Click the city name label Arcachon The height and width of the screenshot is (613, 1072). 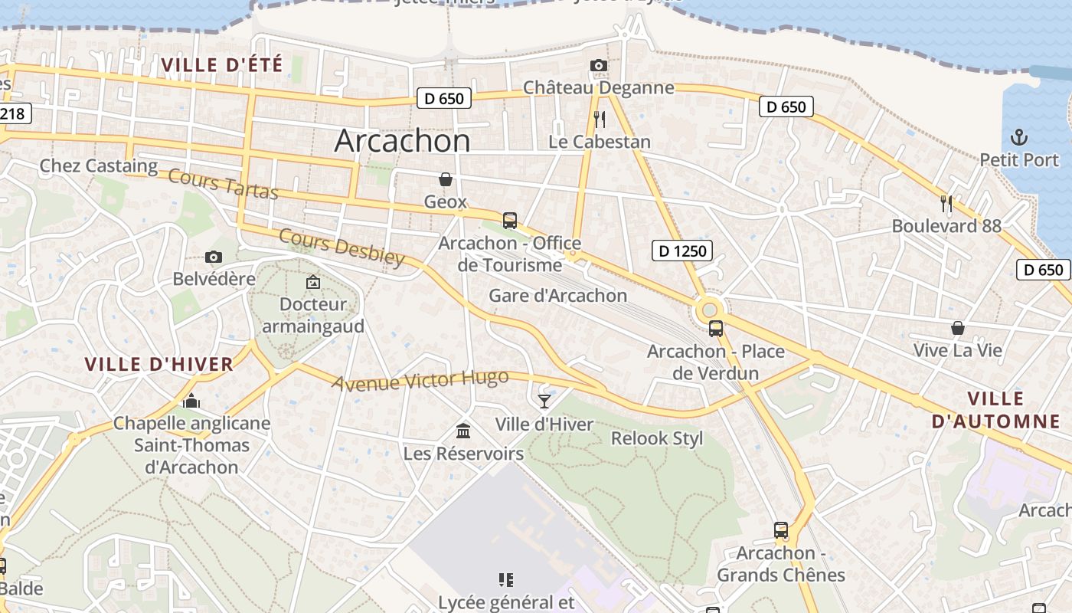[403, 140]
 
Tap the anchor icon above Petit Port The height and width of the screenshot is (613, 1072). [1018, 138]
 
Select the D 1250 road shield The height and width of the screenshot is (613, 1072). [682, 250]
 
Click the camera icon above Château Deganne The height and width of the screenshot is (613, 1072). [599, 66]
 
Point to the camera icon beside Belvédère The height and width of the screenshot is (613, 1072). [214, 257]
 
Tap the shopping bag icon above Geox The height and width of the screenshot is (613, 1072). [446, 179]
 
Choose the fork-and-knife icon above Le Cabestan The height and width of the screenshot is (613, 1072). [600, 120]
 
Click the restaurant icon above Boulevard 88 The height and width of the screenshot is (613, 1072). [946, 204]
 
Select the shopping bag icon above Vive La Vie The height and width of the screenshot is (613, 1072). [957, 328]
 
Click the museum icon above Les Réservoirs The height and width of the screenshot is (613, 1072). [463, 431]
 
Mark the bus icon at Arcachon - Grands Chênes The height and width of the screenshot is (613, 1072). [780, 530]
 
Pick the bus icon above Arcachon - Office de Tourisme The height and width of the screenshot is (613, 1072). [510, 221]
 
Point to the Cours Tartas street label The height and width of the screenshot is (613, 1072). [223, 184]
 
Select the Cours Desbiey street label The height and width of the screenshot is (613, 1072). [342, 247]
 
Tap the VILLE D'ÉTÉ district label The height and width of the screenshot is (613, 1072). [222, 65]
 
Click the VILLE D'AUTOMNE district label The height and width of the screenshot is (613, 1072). [995, 410]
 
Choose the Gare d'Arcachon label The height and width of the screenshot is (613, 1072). [557, 296]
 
